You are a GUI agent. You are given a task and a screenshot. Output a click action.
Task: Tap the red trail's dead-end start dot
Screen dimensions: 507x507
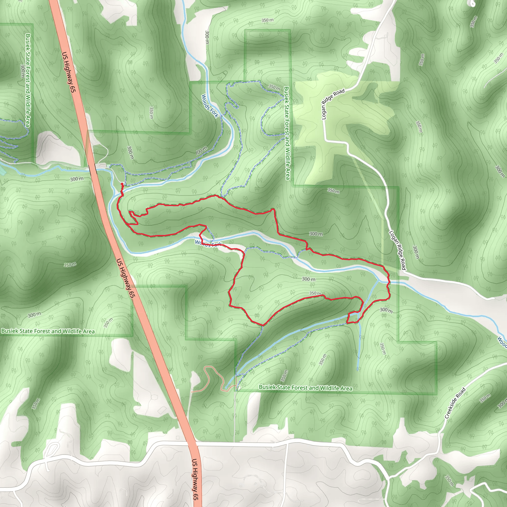coord(122,184)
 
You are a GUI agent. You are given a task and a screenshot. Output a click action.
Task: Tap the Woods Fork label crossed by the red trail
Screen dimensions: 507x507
coord(208,243)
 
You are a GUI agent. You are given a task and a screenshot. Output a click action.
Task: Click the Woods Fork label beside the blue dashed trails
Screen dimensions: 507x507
coord(209,106)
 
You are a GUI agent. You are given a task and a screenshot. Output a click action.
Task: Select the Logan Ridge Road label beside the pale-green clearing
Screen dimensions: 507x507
coord(332,104)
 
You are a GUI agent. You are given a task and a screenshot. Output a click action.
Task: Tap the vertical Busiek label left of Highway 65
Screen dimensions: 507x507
coord(28,80)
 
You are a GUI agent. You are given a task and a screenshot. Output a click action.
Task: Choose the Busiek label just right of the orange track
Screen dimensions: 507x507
coord(305,388)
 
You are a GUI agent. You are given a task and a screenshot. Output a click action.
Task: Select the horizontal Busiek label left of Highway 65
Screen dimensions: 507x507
coord(48,331)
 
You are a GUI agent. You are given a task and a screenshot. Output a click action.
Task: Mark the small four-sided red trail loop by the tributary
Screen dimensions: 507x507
coord(353,318)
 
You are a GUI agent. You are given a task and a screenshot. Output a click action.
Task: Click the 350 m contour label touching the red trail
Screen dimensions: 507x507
coord(315,293)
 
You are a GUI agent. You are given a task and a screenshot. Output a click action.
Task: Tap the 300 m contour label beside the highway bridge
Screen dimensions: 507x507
coord(77,179)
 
